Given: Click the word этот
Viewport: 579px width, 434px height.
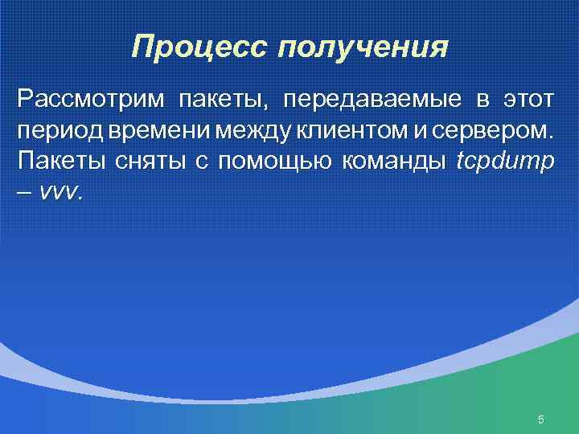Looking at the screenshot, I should pos(528,100).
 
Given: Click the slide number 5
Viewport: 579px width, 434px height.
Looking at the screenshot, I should pos(540,420).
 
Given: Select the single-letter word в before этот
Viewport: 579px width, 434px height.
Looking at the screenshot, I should pos(482,100).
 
